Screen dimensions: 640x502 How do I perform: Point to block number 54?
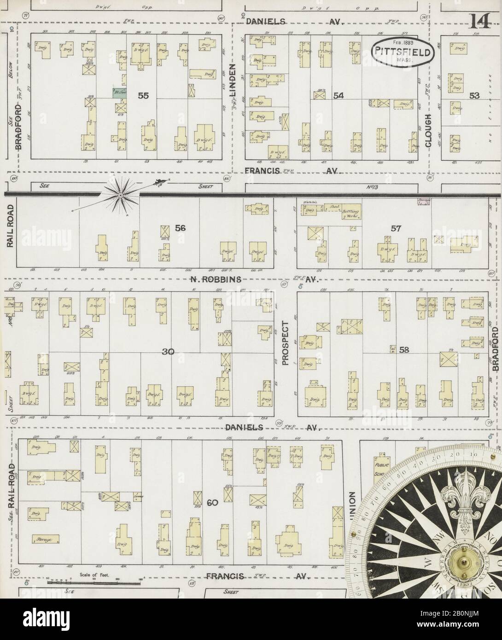pyautogui.click(x=339, y=95)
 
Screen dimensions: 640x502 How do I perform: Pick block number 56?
pyautogui.click(x=180, y=227)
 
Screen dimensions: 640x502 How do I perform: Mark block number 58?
pyautogui.click(x=404, y=350)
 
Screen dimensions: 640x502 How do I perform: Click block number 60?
pyautogui.click(x=212, y=503)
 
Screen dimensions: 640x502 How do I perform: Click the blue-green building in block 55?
pyautogui.click(x=119, y=92)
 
